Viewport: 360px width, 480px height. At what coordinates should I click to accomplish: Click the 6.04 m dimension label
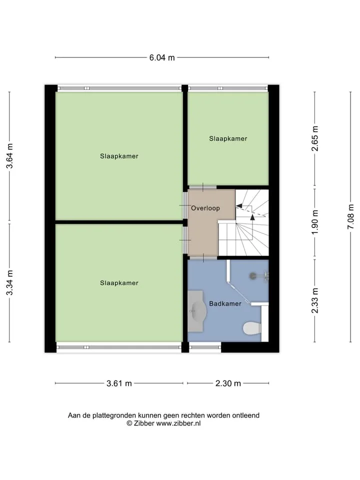162,57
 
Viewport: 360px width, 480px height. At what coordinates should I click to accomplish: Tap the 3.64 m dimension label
10,156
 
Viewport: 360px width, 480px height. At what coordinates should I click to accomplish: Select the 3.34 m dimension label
10,283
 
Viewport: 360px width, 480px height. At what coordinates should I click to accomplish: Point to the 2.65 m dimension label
315,138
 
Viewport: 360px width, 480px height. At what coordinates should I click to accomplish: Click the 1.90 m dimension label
315,222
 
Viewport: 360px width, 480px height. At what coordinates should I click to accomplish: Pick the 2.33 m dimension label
315,300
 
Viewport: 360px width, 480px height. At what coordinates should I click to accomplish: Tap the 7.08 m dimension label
351,216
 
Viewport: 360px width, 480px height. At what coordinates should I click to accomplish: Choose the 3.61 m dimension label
119,383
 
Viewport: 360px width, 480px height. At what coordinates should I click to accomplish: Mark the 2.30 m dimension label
228,383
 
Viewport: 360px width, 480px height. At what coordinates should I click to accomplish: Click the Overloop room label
205,208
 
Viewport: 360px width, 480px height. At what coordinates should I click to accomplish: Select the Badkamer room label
225,303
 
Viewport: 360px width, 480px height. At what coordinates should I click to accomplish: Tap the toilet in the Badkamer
252,328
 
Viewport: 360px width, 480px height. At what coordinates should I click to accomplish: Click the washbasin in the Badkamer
196,311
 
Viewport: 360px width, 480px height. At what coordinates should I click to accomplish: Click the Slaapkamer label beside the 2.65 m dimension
228,138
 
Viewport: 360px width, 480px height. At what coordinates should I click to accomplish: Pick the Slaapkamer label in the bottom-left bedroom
119,283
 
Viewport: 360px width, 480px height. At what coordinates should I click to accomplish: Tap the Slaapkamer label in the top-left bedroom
119,156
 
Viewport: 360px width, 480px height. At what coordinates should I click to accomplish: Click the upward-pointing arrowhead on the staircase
252,217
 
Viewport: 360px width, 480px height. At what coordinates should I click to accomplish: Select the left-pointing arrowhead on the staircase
239,206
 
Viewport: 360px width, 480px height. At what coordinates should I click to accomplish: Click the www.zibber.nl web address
178,423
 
